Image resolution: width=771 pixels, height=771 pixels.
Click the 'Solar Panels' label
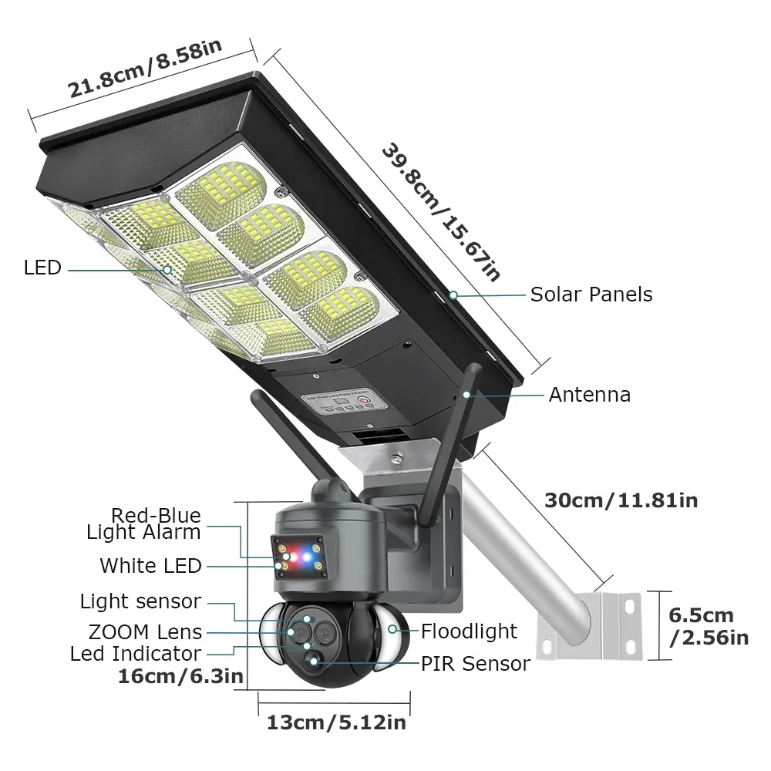click(591, 295)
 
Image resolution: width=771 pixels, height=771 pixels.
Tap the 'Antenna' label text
click(589, 395)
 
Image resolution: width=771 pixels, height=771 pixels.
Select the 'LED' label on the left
click(42, 268)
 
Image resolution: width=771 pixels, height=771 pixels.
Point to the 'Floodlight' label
click(469, 631)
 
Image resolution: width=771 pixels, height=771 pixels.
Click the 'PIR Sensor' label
click(476, 663)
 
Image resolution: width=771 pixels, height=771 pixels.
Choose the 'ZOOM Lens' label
click(145, 632)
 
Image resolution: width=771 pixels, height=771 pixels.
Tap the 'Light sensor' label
click(140, 601)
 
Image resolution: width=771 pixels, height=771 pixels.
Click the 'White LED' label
click(150, 566)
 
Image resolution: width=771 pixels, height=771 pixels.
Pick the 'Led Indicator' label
click(136, 654)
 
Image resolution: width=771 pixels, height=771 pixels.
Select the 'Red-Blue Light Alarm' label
click(145, 524)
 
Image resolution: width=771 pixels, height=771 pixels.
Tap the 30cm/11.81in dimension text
click(621, 500)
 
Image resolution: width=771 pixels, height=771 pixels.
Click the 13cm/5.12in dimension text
click(336, 722)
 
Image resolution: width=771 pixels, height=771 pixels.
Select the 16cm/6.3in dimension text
click(181, 677)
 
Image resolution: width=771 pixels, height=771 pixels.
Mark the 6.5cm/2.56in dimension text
click(708, 627)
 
